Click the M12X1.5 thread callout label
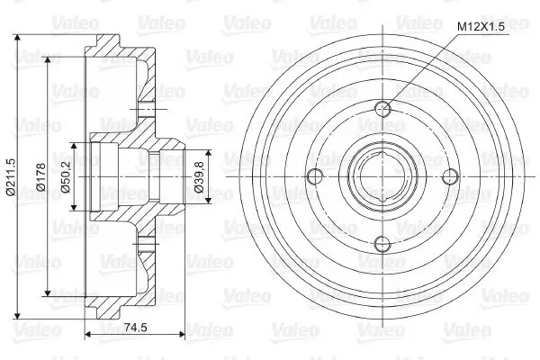pyautogui.click(x=481, y=27)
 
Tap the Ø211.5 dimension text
pyautogui.click(x=11, y=177)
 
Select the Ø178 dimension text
pyautogui.click(x=41, y=177)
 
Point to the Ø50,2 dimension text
pyautogui.click(x=65, y=177)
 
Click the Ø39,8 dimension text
pyautogui.click(x=200, y=176)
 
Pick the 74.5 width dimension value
pyautogui.click(x=135, y=328)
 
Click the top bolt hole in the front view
pyautogui.click(x=383, y=110)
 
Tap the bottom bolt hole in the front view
pyautogui.click(x=383, y=244)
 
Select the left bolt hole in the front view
pyautogui.click(x=315, y=177)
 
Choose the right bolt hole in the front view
pyautogui.click(x=451, y=177)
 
